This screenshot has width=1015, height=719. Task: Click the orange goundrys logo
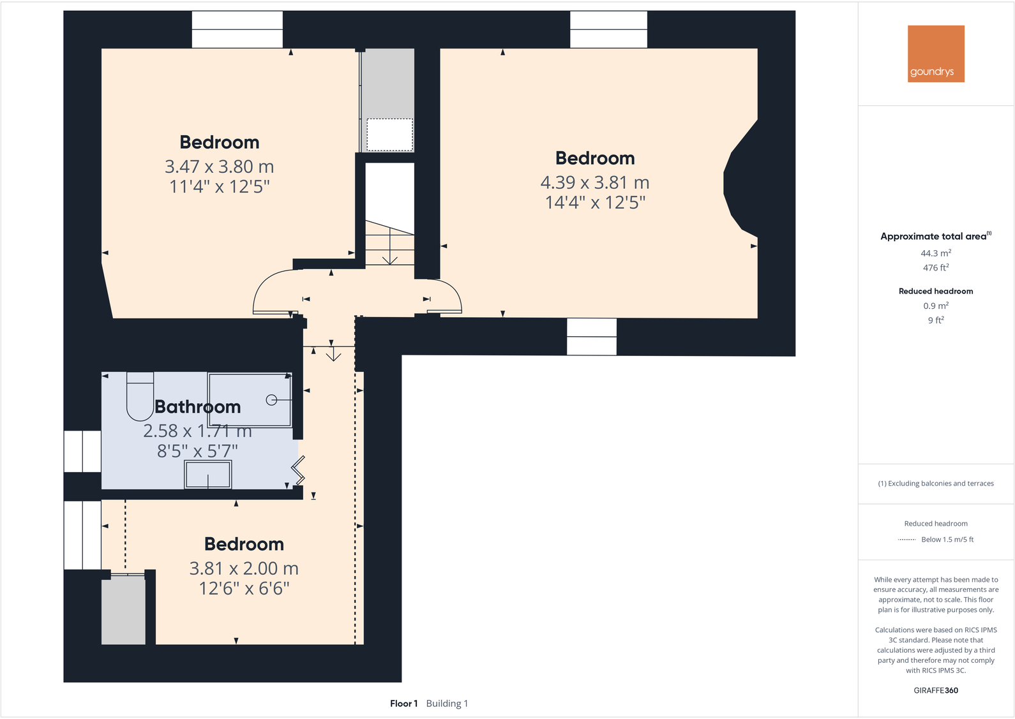[x=936, y=54]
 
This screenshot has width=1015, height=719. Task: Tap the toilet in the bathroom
[x=140, y=396]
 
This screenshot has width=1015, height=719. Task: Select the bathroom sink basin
[x=207, y=475]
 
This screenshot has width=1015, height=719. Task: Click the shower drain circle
[x=271, y=400]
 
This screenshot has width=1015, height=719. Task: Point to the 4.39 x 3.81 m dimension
[x=594, y=182]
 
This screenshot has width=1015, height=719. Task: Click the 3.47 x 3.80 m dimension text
[x=219, y=167]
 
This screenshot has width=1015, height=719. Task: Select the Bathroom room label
[x=198, y=406]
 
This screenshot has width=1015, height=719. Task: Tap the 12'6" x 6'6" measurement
[x=244, y=588]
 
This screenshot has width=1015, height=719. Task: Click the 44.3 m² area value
[x=936, y=253]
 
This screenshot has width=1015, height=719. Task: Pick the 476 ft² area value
[x=936, y=268]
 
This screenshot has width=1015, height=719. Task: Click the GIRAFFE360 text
[x=936, y=690]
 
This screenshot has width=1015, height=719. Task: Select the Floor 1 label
[x=403, y=704]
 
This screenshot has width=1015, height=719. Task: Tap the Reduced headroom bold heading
[x=936, y=291]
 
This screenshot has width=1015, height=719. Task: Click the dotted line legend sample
[x=906, y=540]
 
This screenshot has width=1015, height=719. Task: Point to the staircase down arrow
[x=389, y=255]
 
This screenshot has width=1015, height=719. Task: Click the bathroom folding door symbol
[x=298, y=470]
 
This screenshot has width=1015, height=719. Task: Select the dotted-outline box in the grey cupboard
[x=389, y=135]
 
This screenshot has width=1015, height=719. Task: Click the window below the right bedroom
[x=592, y=336]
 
